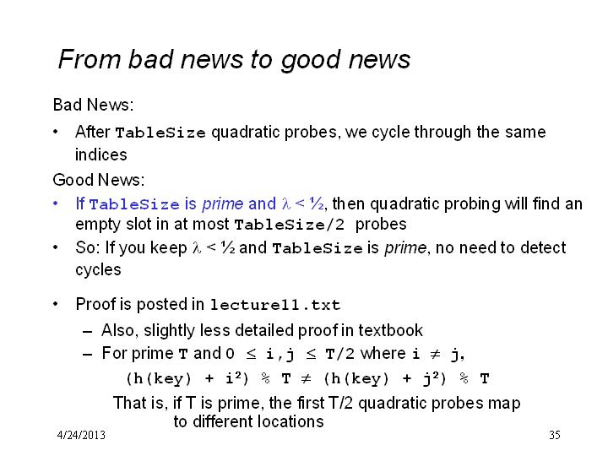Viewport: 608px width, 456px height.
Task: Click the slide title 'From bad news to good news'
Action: click(x=234, y=60)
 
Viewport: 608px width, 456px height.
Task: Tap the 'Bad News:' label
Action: click(x=93, y=105)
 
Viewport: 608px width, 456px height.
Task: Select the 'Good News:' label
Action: click(x=99, y=180)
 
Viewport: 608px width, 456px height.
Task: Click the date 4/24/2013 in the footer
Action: click(x=81, y=435)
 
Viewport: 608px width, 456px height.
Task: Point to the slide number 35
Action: click(x=555, y=435)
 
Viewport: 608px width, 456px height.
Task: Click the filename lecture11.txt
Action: click(x=275, y=305)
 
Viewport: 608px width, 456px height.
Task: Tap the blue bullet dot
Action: click(x=56, y=204)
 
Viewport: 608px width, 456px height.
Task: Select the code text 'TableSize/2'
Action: click(x=290, y=225)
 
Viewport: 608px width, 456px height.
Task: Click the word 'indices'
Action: click(x=100, y=155)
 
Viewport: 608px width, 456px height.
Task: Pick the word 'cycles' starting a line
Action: click(x=98, y=270)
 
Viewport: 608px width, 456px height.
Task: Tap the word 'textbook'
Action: click(x=390, y=330)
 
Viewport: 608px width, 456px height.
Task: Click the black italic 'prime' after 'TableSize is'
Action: click(x=405, y=248)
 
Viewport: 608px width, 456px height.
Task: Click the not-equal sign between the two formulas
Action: click(x=306, y=378)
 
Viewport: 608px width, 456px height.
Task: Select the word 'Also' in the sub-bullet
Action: click(x=118, y=330)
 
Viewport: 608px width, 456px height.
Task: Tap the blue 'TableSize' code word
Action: click(x=134, y=204)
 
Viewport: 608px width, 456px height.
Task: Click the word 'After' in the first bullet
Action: click(x=93, y=132)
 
